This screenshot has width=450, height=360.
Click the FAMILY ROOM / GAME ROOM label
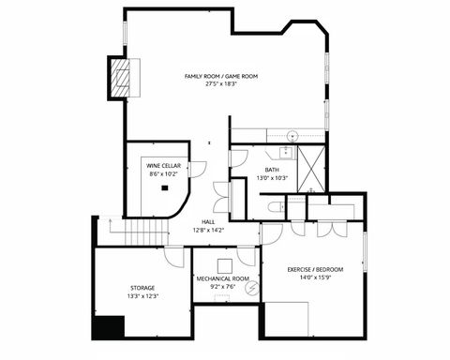coord(221,75)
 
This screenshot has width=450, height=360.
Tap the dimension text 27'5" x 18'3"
coord(221,83)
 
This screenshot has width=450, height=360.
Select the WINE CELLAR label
coord(164,166)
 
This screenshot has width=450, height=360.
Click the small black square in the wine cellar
coord(164,187)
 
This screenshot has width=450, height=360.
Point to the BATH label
coord(272,170)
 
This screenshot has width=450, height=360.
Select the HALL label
coord(208,222)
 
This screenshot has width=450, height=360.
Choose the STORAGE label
coord(143,287)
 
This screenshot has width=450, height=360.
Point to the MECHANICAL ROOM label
coord(222,278)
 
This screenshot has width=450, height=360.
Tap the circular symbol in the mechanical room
coord(250,289)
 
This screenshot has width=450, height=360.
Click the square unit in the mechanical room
coord(225,264)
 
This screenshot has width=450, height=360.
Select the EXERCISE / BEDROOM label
coord(315,270)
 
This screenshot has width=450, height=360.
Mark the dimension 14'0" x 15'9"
coord(315,278)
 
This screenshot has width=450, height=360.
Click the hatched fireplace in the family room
coord(120,78)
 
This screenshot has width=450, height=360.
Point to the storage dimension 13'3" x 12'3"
coord(143,296)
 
